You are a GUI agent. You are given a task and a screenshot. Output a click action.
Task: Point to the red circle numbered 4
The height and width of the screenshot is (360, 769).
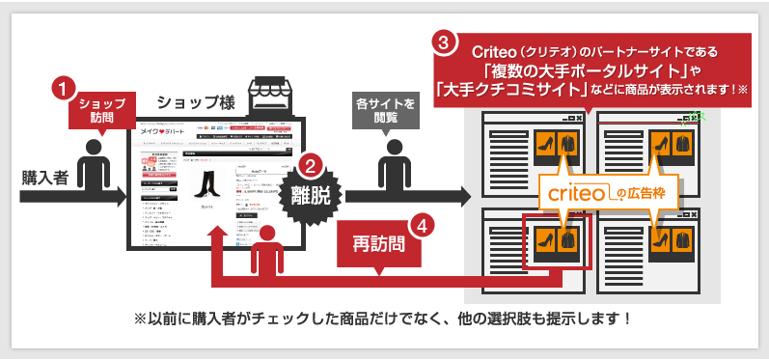pos(422,228)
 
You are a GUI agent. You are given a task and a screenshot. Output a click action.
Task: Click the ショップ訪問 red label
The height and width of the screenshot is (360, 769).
pos(100,110)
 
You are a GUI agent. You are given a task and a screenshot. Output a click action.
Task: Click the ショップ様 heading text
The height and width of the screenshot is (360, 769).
pos(193,102)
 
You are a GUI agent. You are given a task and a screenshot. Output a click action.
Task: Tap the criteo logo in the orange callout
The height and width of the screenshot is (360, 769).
pos(576,193)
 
